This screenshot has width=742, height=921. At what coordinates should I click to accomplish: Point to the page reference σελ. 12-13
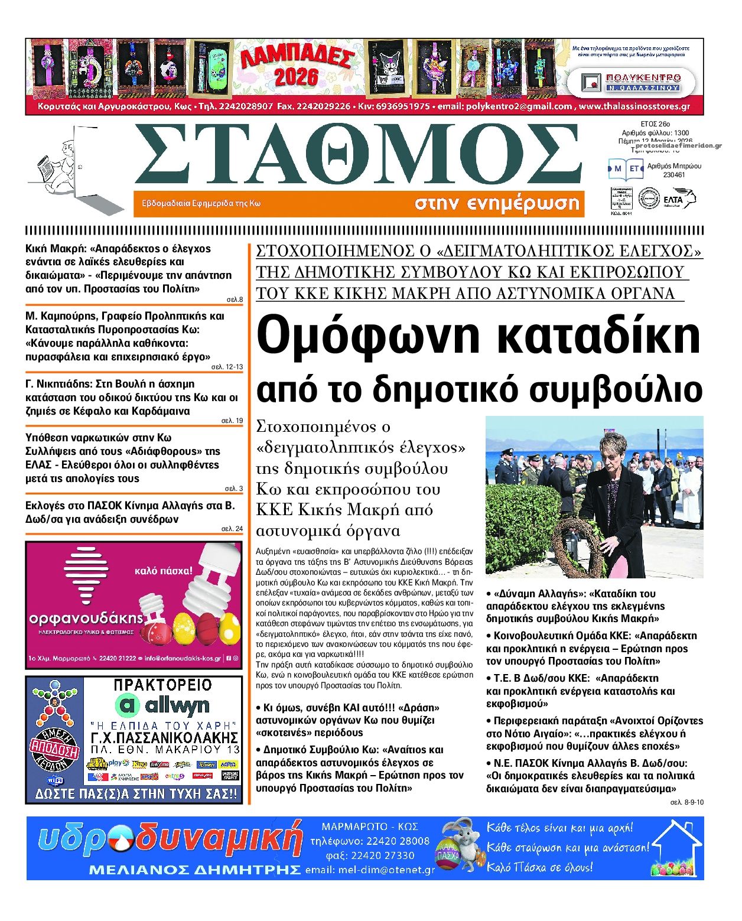click(227, 367)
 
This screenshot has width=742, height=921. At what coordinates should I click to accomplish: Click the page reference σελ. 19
click(232, 421)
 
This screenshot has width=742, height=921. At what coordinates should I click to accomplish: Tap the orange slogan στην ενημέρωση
click(496, 204)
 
